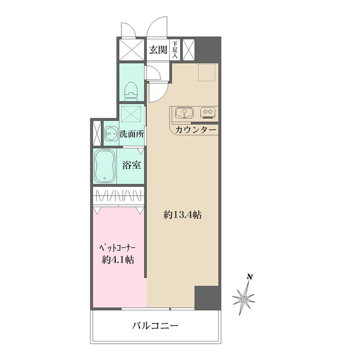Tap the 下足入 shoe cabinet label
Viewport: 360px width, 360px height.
175,49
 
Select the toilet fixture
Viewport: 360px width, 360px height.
132,89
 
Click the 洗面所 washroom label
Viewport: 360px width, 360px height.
132,134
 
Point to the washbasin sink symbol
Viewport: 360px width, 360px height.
109,134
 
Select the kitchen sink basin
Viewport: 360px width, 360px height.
184,112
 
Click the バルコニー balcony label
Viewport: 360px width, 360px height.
156,325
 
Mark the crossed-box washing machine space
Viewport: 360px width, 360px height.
132,114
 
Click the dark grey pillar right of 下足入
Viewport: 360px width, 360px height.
208,49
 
